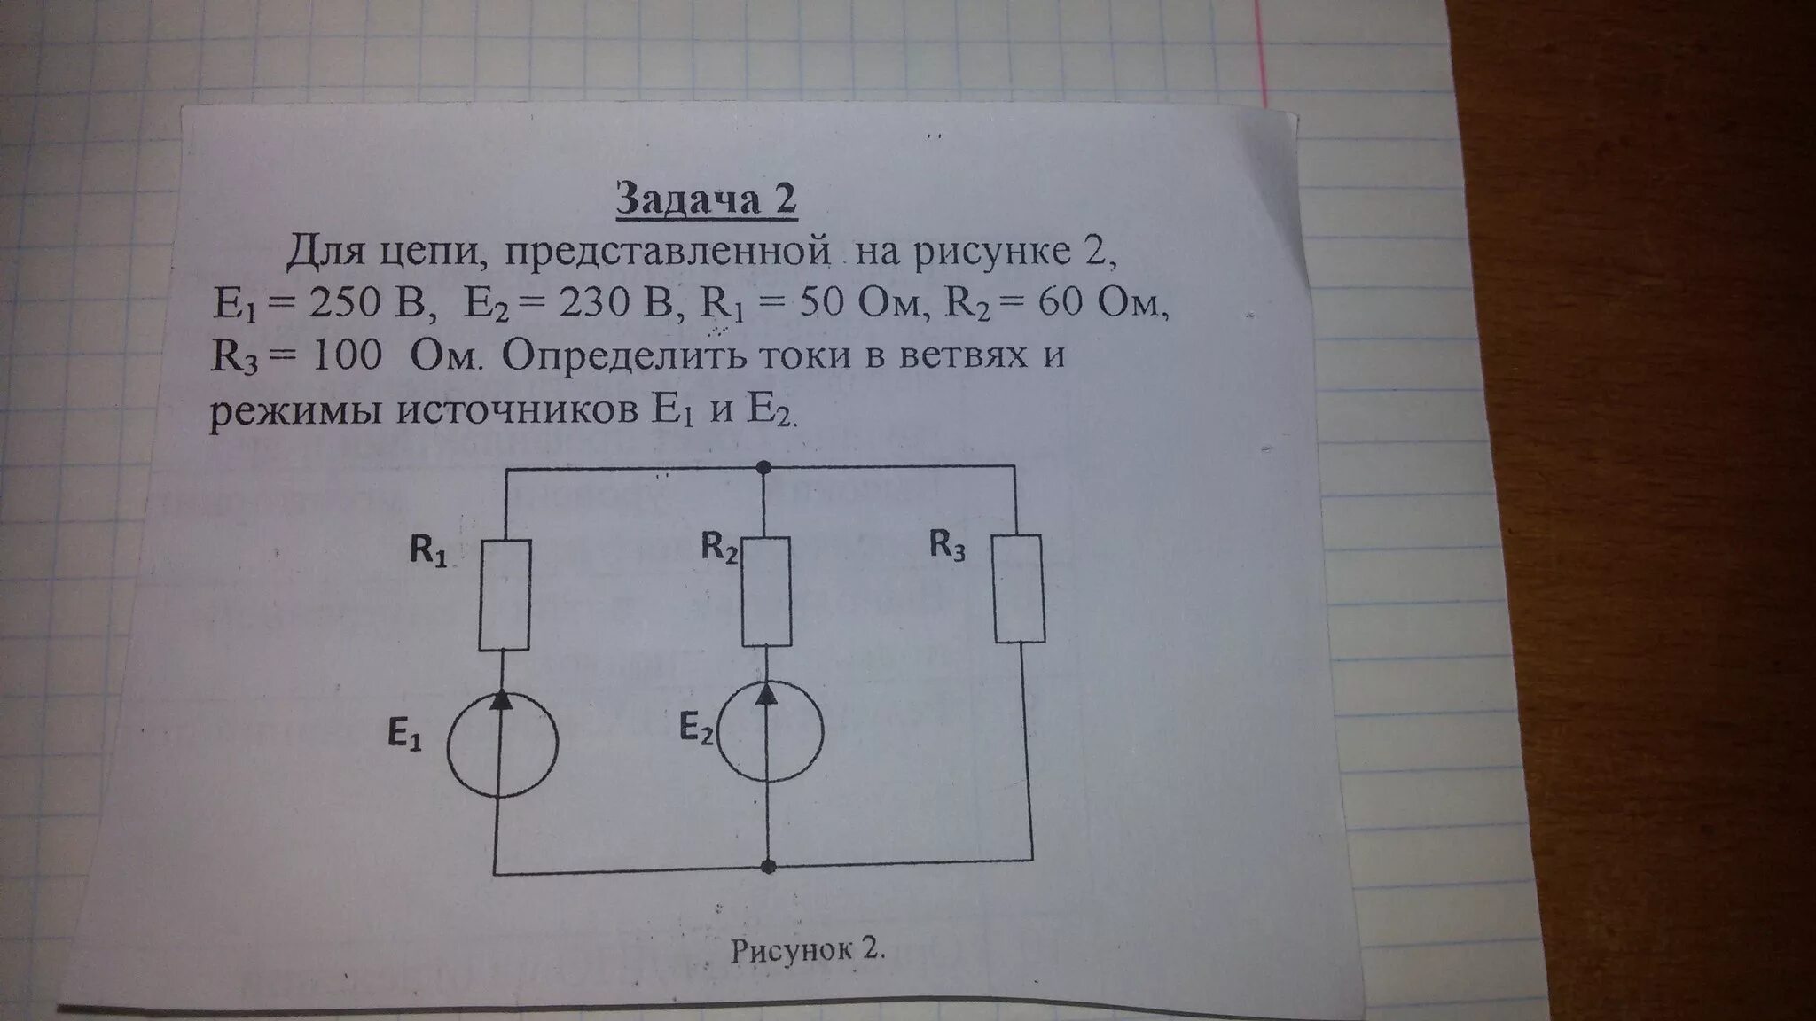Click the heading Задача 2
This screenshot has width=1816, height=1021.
[707, 201]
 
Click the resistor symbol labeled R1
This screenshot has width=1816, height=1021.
[505, 595]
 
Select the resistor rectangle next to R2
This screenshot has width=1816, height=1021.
[767, 591]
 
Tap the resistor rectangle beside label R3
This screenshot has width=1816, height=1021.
[1019, 588]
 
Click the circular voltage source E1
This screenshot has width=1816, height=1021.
[503, 742]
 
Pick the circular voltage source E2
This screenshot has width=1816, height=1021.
[769, 729]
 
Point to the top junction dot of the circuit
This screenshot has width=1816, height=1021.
[763, 466]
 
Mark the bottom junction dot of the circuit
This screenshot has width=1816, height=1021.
[769, 866]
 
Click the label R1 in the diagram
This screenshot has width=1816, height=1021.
[427, 550]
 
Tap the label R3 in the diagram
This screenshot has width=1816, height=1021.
[946, 545]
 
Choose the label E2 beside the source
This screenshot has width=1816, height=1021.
[696, 728]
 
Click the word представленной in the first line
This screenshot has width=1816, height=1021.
[669, 254]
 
